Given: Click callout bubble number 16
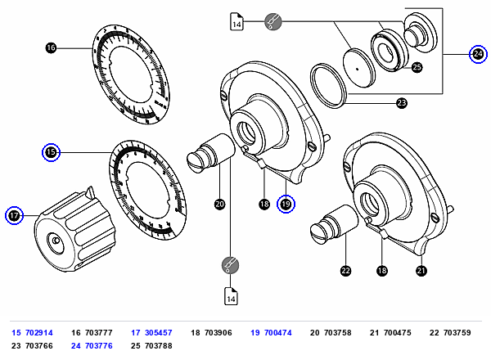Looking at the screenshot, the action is tap(51, 48).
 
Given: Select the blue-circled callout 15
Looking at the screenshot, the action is tap(51, 152).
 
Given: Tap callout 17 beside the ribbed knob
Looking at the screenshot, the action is tap(14, 215).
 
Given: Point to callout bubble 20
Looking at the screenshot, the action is tap(220, 205).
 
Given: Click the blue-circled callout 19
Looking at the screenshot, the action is tap(286, 204).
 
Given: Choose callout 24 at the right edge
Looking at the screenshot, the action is tap(478, 54).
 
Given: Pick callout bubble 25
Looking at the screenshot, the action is tap(417, 67).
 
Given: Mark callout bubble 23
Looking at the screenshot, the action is tap(402, 103).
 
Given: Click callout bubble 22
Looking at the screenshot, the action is tap(345, 271).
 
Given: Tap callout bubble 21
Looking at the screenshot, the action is tap(421, 271).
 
